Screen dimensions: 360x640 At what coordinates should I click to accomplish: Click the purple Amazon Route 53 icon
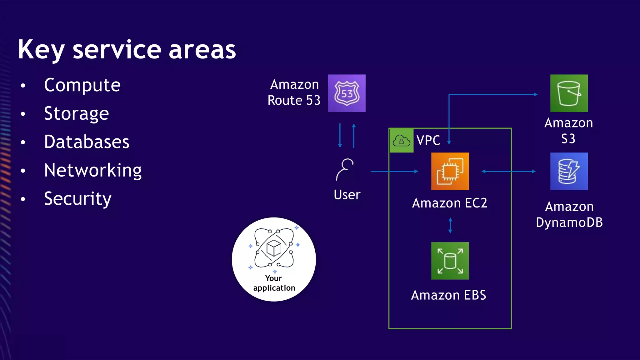pos(347,93)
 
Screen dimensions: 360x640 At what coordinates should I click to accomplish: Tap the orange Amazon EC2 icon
pos(450,171)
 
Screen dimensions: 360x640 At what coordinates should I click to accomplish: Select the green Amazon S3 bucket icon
pos(569,93)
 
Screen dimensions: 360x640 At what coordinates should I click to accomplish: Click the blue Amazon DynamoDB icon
pos(569,171)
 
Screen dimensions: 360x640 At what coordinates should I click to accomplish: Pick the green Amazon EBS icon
pos(450,261)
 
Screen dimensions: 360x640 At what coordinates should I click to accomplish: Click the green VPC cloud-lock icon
pos(401,141)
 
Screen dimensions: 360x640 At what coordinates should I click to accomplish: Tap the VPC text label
pos(428,141)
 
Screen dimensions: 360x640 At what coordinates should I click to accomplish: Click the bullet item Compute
pos(82,85)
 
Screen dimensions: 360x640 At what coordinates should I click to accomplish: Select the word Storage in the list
pos(77,113)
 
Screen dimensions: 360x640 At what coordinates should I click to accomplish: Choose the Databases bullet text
pos(87,142)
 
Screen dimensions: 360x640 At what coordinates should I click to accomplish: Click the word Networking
pos(93,170)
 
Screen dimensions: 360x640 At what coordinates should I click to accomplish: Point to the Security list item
pos(77,199)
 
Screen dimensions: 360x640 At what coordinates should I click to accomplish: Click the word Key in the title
pos(41,50)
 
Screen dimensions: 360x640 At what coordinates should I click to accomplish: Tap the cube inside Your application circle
pos(274,248)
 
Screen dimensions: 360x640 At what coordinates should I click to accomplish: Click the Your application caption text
pos(274,283)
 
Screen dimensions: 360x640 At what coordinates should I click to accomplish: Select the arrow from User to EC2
pos(394,171)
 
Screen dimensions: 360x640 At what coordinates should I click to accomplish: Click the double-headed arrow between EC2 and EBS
pos(450,226)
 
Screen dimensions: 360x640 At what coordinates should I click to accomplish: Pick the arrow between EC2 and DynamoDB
pos(508,171)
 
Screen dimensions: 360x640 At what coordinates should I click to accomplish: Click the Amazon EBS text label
pos(448,295)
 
